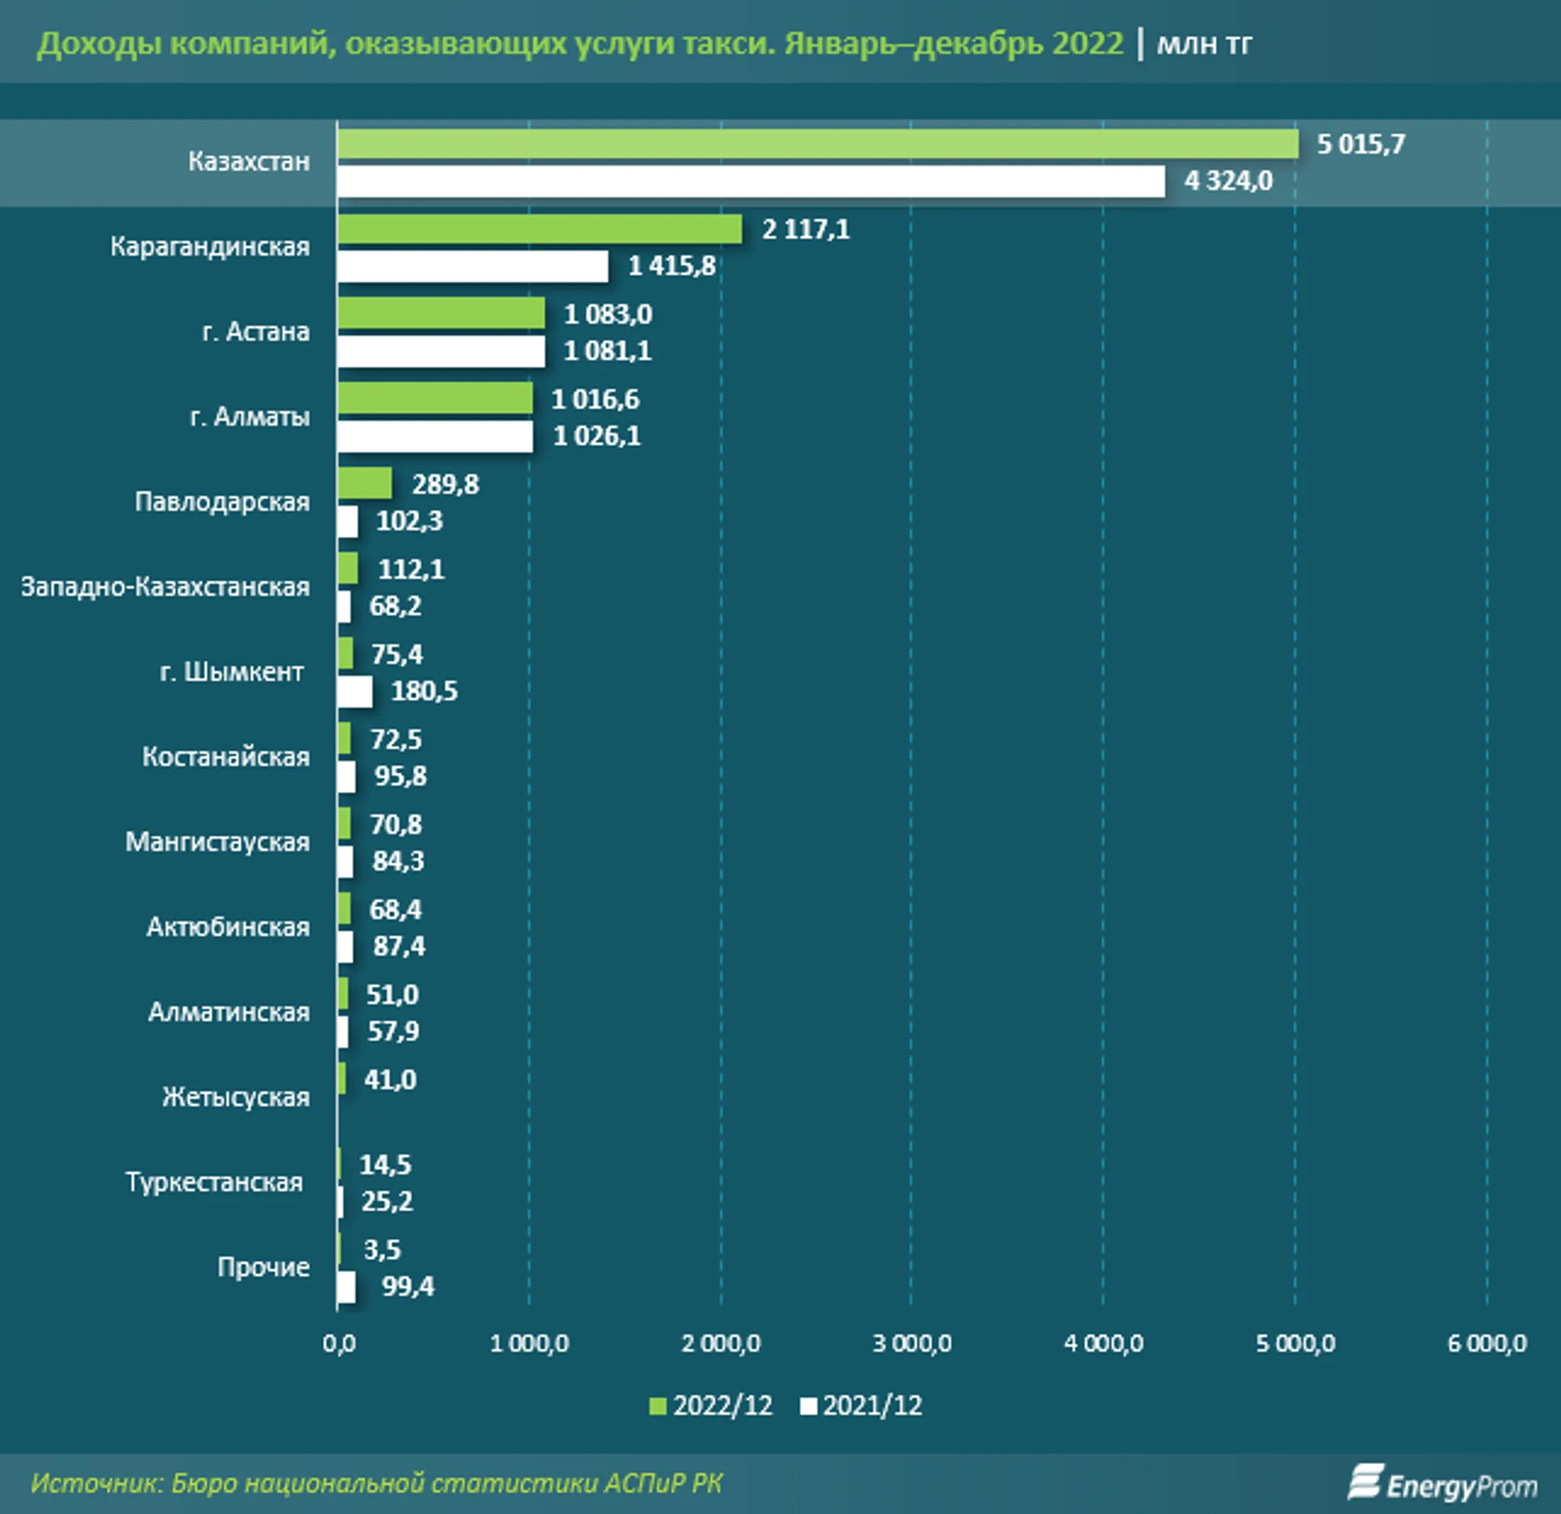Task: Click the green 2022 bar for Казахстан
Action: [817, 144]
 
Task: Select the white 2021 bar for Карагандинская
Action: [473, 267]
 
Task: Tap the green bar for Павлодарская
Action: [364, 483]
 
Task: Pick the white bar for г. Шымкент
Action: [354, 691]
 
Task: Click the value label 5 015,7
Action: [1360, 144]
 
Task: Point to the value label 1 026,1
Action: [596, 436]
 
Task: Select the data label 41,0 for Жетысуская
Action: [390, 1079]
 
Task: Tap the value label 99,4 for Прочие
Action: [408, 1286]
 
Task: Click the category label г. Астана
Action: [256, 331]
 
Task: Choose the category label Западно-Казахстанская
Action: [165, 587]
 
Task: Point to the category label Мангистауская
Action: [217, 842]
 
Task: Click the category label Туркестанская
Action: [213, 1182]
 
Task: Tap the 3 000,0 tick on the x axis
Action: [912, 1344]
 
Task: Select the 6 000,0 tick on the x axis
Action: [1486, 1344]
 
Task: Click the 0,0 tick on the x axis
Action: [339, 1344]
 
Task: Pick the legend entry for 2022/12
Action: [711, 1406]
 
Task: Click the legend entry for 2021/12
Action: [861, 1406]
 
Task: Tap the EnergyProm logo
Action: [1442, 1484]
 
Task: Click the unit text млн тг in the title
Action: [1204, 44]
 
